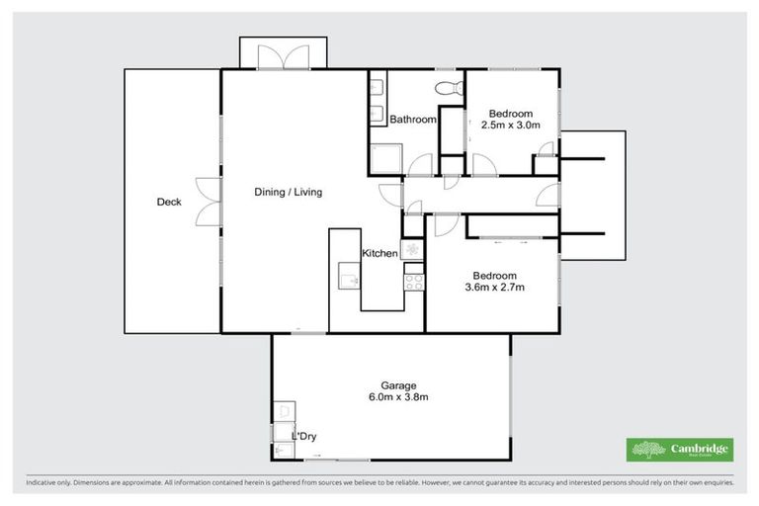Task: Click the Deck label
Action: (x=169, y=203)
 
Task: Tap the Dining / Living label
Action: (x=289, y=192)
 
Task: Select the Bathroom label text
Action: (x=412, y=120)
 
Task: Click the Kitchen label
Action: (x=379, y=254)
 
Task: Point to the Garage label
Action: (x=398, y=385)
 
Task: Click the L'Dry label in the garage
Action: (x=303, y=436)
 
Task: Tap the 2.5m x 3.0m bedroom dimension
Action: (x=510, y=126)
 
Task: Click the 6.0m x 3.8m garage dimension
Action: (x=398, y=397)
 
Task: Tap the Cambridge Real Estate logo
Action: (x=681, y=449)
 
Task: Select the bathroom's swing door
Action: (x=423, y=166)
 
